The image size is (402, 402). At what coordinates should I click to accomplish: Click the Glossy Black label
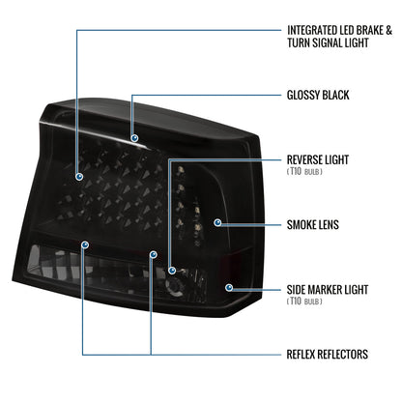click(x=318, y=95)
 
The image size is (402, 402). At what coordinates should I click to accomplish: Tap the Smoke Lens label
click(x=313, y=225)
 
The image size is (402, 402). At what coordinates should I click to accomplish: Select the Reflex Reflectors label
click(x=328, y=355)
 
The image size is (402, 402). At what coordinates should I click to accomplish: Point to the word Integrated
click(x=312, y=30)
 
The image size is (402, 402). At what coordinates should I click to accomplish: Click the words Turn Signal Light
click(x=328, y=43)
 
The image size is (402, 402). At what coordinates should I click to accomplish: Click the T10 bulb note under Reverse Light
click(x=304, y=171)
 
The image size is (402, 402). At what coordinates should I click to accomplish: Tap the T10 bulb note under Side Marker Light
click(x=304, y=301)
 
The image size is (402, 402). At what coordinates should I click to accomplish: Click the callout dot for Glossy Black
click(x=134, y=138)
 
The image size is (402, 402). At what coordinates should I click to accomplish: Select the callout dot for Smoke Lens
click(x=218, y=222)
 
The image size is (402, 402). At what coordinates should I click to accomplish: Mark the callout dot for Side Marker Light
click(x=229, y=287)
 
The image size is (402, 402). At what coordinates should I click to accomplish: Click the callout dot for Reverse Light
click(x=172, y=271)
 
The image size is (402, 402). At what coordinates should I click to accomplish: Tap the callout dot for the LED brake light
click(x=79, y=177)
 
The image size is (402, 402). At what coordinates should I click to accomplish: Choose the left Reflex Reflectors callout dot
click(x=85, y=245)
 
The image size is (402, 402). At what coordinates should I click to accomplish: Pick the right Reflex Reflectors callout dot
click(x=154, y=255)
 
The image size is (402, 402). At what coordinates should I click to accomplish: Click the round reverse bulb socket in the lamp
click(x=174, y=285)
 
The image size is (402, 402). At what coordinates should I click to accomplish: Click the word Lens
click(x=329, y=225)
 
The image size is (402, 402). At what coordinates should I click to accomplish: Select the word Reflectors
click(x=343, y=355)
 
